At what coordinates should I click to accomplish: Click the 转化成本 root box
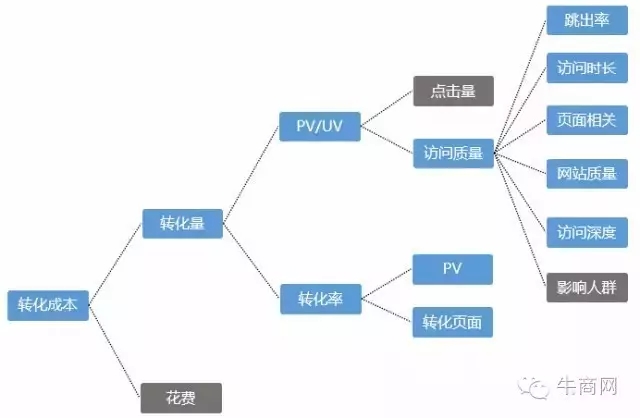tap(48, 305)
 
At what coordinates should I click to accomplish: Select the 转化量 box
tap(182, 224)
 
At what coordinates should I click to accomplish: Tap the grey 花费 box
tap(181, 398)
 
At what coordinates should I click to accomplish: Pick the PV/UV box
tap(320, 127)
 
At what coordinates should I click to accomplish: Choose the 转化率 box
tap(320, 299)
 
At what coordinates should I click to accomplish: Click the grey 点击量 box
tap(453, 91)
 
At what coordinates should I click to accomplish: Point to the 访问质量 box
tap(453, 153)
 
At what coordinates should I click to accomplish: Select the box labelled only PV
tap(453, 269)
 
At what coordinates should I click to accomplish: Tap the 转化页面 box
tap(453, 322)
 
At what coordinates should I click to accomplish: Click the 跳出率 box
tap(587, 20)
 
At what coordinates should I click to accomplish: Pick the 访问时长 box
tap(587, 68)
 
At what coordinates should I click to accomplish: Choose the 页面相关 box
tap(587, 120)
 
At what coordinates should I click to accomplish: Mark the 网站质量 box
tap(587, 174)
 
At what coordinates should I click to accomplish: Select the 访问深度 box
tap(587, 233)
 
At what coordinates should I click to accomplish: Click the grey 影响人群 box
tap(587, 288)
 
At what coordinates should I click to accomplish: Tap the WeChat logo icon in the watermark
tap(533, 387)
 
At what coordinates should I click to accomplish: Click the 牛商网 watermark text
tap(587, 386)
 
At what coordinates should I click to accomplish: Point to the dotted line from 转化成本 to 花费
tap(115, 351)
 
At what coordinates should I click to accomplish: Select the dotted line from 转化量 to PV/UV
tap(251, 176)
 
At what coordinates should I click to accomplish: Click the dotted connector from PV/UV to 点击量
tap(387, 109)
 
